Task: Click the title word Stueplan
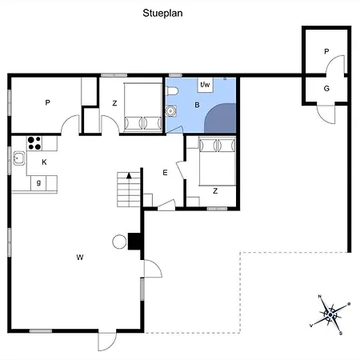(162, 14)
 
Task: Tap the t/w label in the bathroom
(205, 85)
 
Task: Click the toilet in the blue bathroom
(172, 91)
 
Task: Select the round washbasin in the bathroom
(170, 110)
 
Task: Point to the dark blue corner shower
(220, 118)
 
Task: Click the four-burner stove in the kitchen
(34, 143)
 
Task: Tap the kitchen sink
(19, 158)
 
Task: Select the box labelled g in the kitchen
(38, 183)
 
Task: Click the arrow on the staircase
(129, 175)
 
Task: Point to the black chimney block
(134, 242)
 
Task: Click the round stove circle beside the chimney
(119, 242)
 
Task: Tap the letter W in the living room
(80, 258)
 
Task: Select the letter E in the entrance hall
(165, 173)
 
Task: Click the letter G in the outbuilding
(326, 88)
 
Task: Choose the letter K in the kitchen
(44, 162)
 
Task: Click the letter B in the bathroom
(197, 105)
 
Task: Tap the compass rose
(330, 315)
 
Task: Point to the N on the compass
(320, 296)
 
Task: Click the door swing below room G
(326, 114)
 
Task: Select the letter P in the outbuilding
(326, 51)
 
